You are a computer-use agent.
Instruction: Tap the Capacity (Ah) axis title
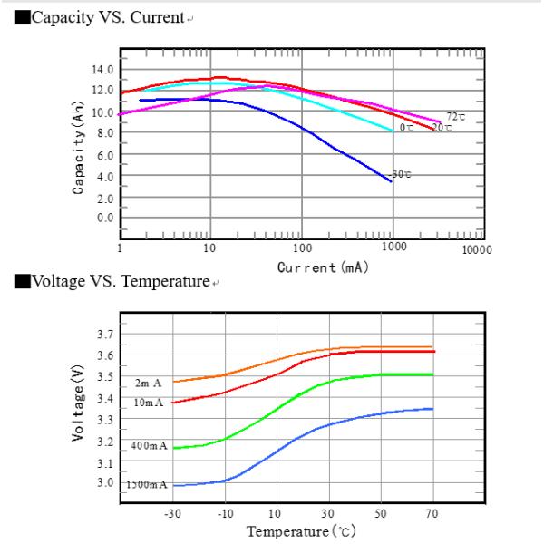pyautogui.click(x=79, y=147)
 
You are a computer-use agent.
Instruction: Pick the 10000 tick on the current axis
pyautogui.click(x=476, y=248)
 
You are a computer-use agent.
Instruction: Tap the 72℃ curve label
pyautogui.click(x=455, y=117)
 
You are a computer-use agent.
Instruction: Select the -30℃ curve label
pyautogui.click(x=401, y=174)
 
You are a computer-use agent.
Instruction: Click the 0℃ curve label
pyautogui.click(x=407, y=128)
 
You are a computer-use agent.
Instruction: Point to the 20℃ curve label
pyautogui.click(x=442, y=128)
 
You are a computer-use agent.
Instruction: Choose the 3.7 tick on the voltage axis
pyautogui.click(x=105, y=335)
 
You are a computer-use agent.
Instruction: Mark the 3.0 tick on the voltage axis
pyautogui.click(x=105, y=484)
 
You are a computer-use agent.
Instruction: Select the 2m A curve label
pyautogui.click(x=148, y=384)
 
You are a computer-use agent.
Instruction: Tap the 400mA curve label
pyautogui.click(x=148, y=446)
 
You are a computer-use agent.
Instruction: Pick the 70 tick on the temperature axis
pyautogui.click(x=432, y=513)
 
